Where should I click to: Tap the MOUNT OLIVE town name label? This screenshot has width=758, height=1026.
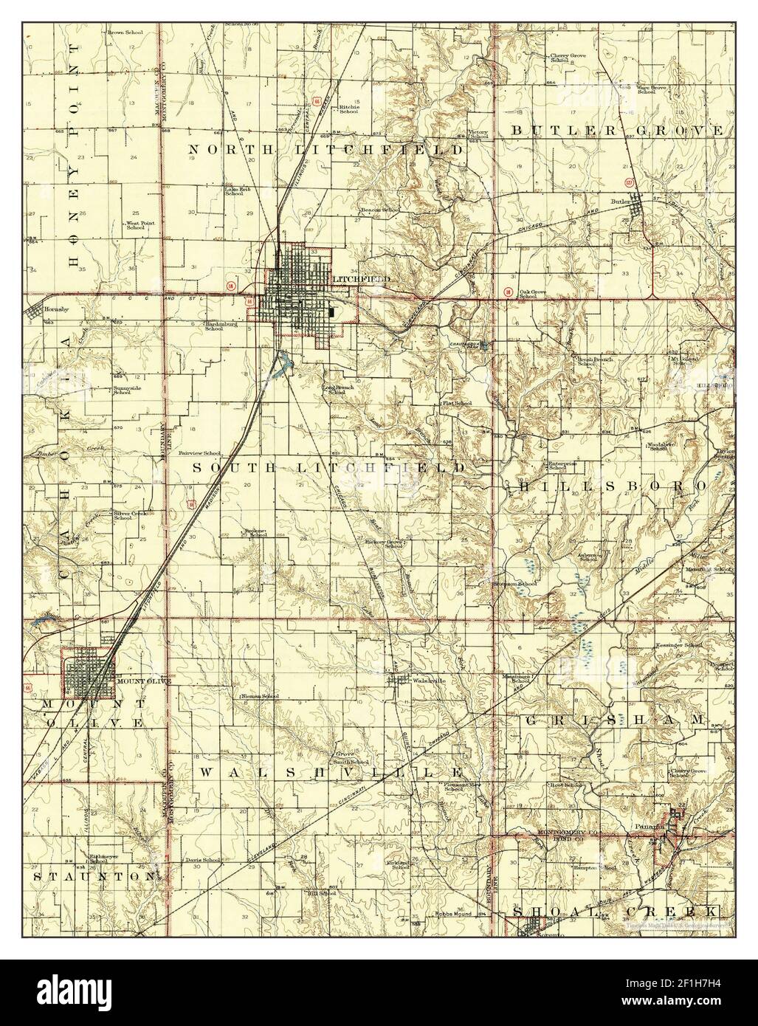(144, 681)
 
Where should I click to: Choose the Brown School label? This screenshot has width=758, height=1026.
(125, 32)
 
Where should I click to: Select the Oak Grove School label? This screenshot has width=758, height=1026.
(536, 293)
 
